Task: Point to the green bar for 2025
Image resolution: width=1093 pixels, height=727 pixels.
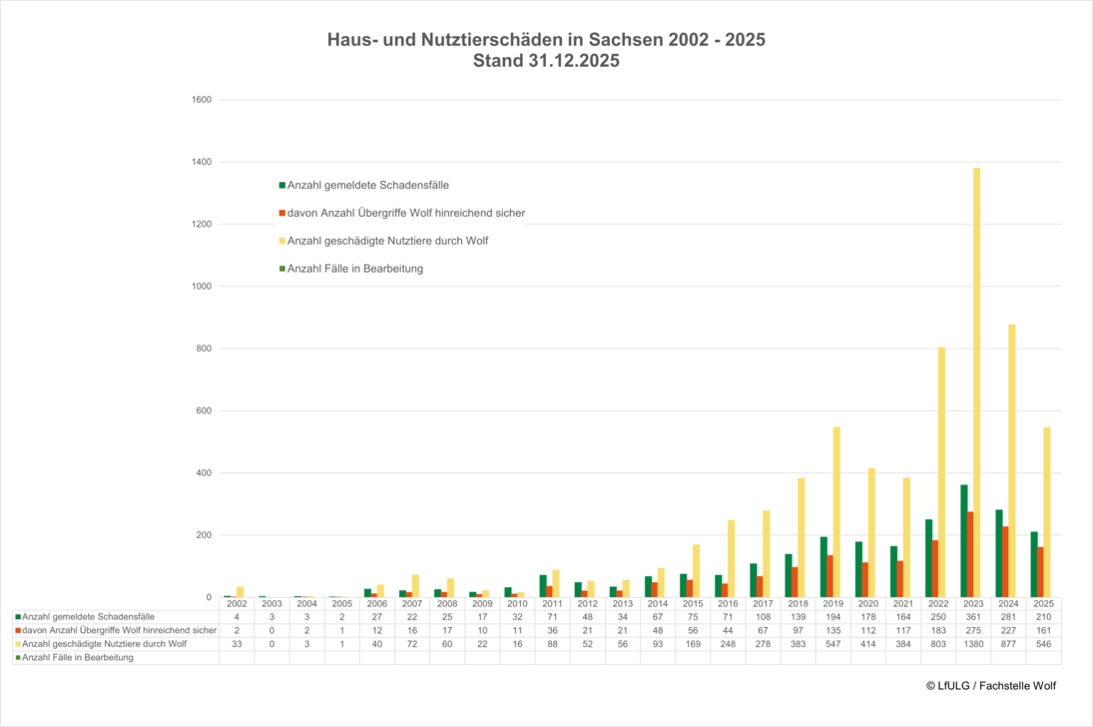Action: pos(1034,564)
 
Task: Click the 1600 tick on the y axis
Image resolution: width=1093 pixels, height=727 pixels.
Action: pos(201,100)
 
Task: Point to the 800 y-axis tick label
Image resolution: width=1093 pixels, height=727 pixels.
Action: pos(203,349)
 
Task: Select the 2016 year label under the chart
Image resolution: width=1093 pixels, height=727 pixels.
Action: pos(727,604)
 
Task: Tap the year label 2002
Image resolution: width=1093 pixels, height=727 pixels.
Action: pos(237,604)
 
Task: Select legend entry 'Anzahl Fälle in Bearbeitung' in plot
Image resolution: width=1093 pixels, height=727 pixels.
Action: pos(354,269)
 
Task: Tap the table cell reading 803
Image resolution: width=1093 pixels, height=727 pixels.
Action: pos(937,643)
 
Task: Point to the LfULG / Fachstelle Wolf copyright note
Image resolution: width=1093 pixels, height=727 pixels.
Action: pos(990,686)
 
